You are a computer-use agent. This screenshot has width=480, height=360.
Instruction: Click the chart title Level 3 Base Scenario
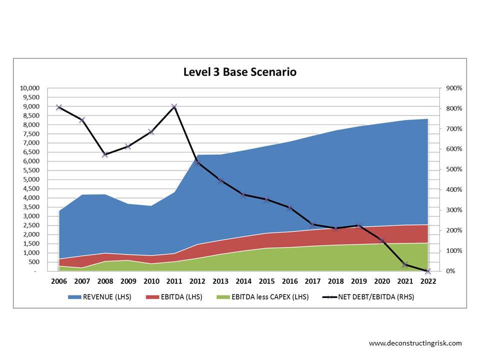tap(239, 72)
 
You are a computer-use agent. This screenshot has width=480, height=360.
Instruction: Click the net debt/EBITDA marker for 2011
tap(174, 106)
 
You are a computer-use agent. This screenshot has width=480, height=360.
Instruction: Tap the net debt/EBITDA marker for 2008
tap(105, 154)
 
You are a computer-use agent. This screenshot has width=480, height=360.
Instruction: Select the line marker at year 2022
tap(428, 271)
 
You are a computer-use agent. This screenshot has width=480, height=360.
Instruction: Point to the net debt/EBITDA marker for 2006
tap(59, 107)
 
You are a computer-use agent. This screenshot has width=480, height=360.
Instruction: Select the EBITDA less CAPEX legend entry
tap(264, 297)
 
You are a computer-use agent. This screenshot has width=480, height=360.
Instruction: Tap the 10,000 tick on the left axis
tap(29, 88)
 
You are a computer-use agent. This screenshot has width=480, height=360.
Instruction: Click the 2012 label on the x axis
tap(197, 281)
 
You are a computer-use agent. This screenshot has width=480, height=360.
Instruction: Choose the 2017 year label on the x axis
tap(312, 281)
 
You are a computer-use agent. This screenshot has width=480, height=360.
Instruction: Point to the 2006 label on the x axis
tap(59, 281)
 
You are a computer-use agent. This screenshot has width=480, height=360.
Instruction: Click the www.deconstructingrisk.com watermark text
tap(415, 343)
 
